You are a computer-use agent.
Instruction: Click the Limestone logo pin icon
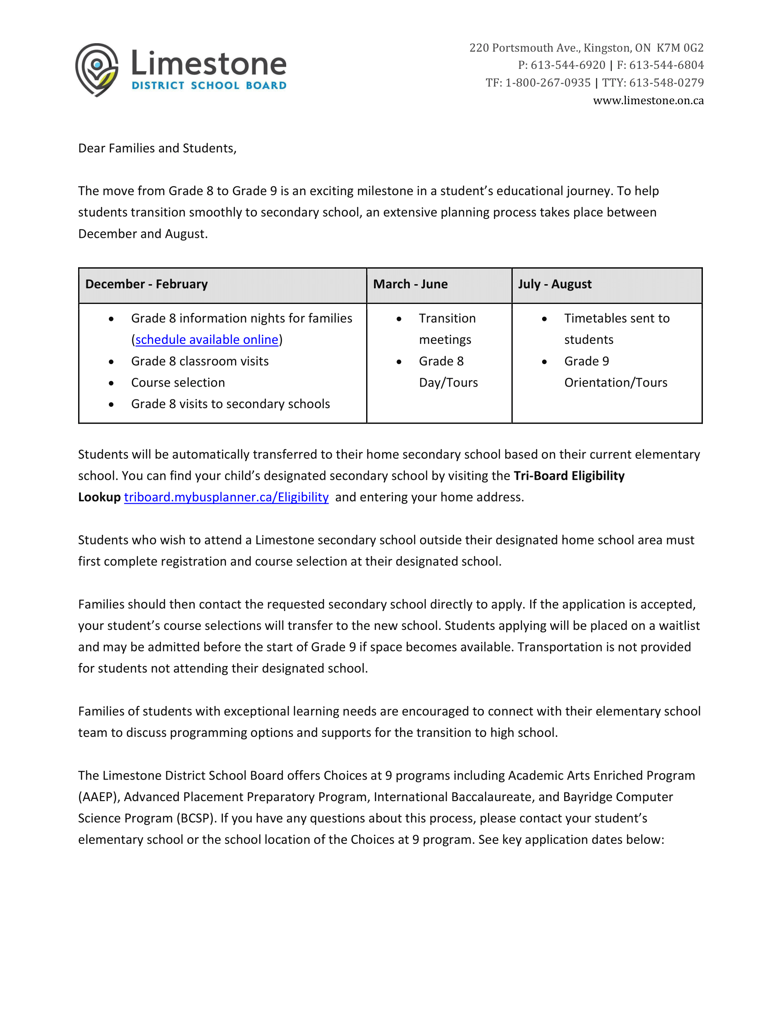(96, 69)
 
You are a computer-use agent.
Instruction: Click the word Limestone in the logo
(209, 63)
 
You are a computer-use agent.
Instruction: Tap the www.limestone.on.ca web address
(648, 101)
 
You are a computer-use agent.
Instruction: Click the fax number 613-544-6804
(666, 65)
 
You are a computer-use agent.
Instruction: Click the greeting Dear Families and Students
(157, 148)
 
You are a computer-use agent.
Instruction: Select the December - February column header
(146, 284)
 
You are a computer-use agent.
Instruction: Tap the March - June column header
(410, 284)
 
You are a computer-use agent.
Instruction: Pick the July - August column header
(555, 284)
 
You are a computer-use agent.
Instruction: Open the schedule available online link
(207, 340)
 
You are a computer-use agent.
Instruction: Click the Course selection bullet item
(178, 382)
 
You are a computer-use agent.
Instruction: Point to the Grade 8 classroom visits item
(199, 361)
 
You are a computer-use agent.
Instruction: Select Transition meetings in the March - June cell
(447, 328)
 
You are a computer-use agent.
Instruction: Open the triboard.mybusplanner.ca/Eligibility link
(226, 497)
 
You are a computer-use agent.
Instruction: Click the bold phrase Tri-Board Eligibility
(569, 476)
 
